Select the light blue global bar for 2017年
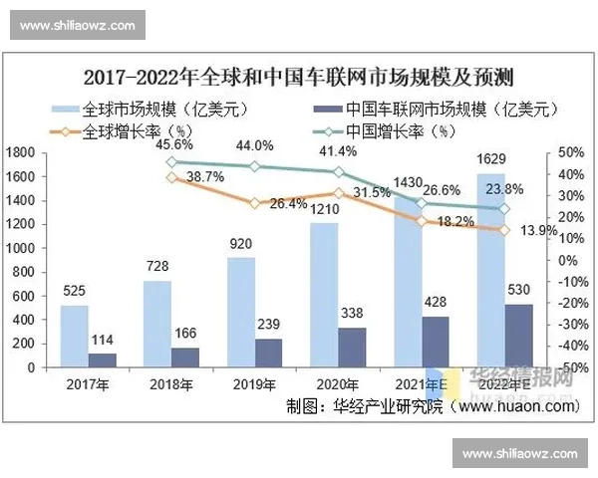(75, 336)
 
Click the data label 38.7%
(205, 176)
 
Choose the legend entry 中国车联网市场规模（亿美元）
(430, 108)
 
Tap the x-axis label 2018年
(171, 384)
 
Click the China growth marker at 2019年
(255, 167)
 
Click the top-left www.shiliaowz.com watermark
(77, 23)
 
